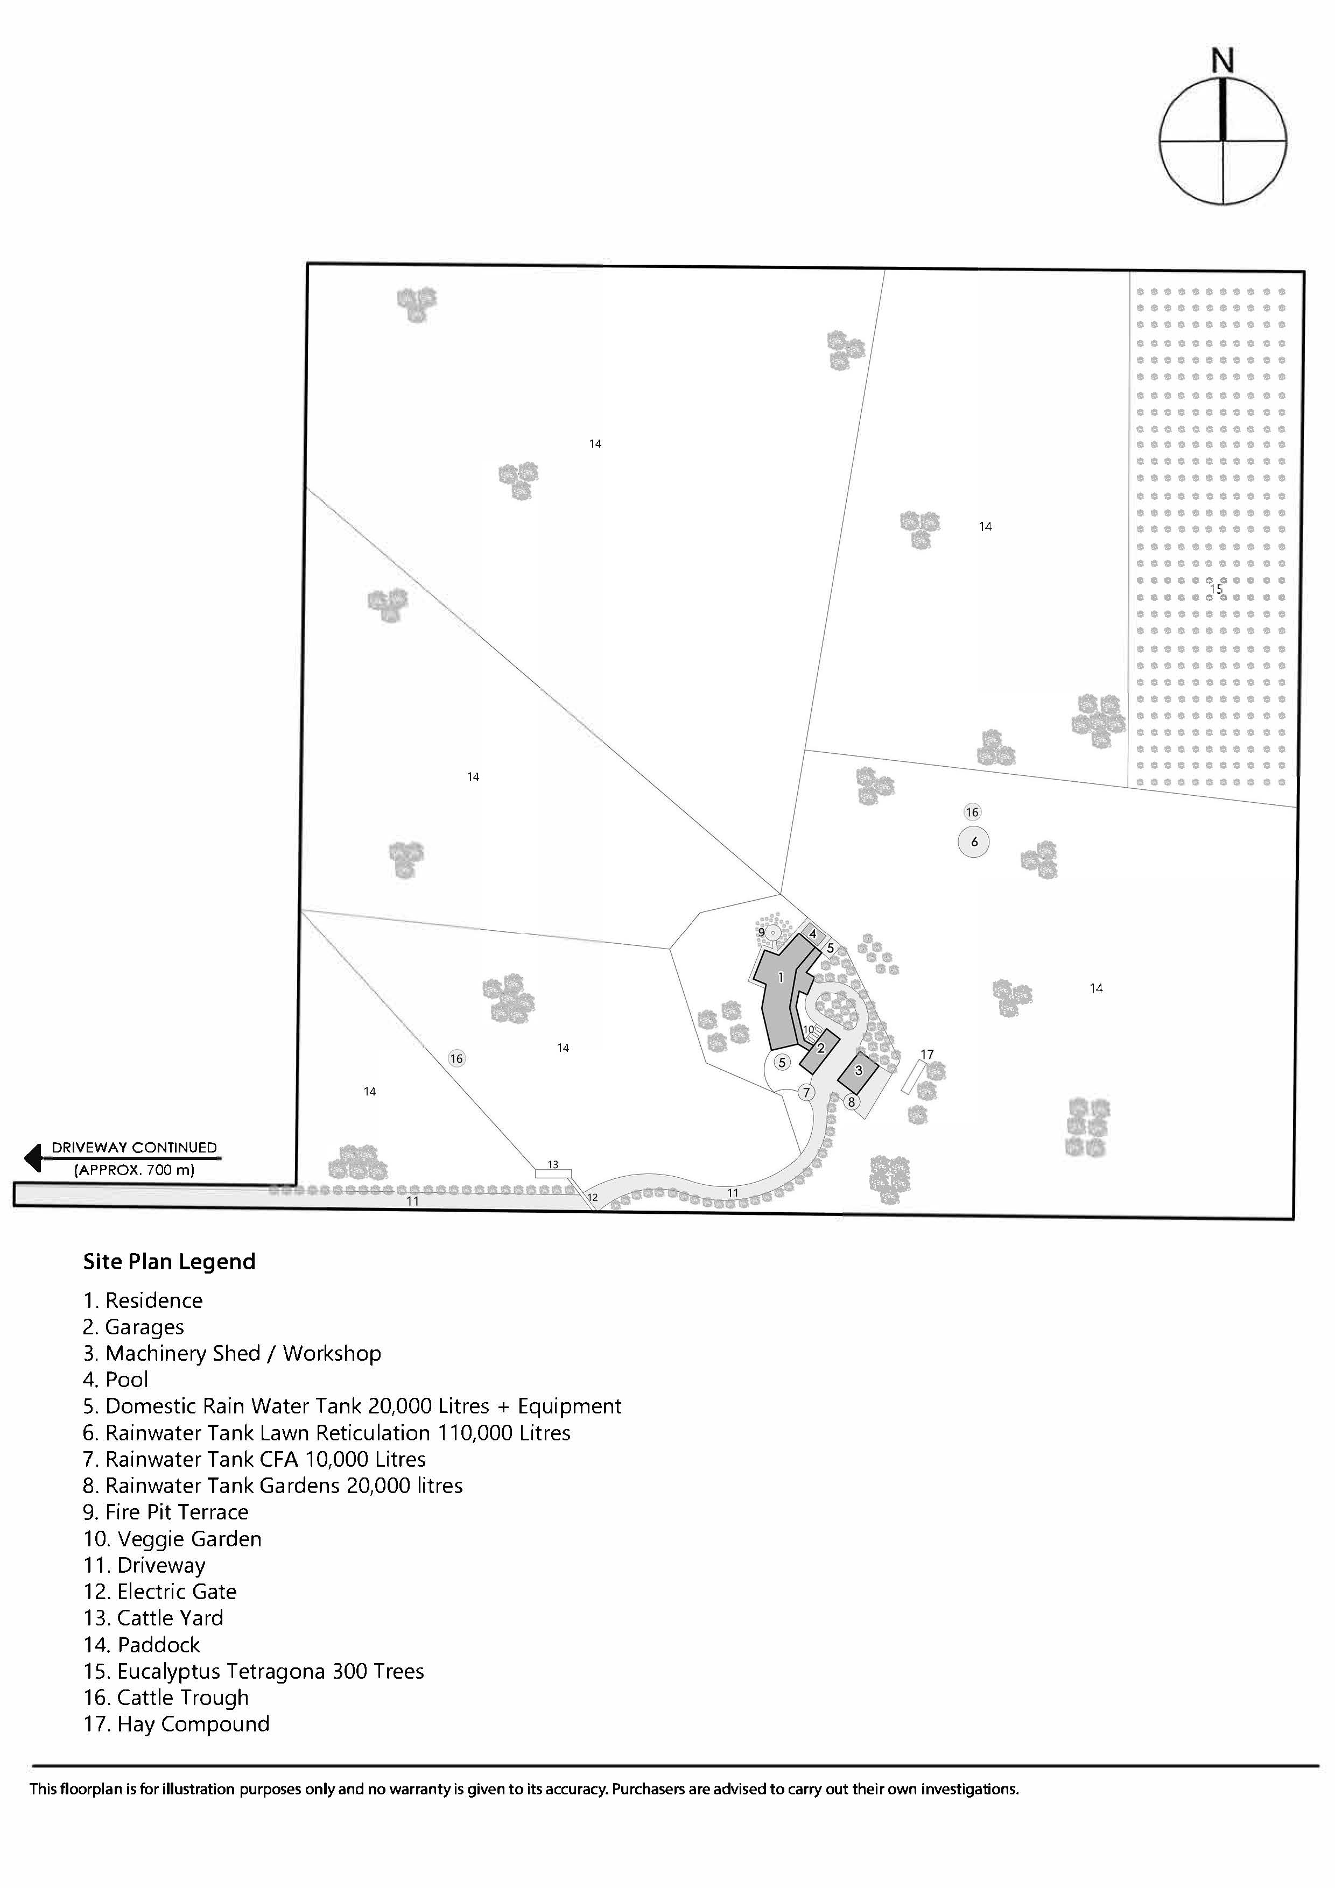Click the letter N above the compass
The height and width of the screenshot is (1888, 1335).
point(1222,61)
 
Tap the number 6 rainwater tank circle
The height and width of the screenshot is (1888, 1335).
point(974,842)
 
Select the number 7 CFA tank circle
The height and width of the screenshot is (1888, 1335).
point(806,1093)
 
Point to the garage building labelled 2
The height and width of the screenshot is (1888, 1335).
point(820,1050)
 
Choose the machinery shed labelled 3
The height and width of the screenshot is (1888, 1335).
point(859,1071)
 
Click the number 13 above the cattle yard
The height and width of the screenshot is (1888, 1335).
point(553,1164)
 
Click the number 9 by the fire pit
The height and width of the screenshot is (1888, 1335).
point(762,932)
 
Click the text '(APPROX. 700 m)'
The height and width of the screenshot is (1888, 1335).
point(134,1169)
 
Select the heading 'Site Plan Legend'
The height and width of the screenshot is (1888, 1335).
point(170,1261)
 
